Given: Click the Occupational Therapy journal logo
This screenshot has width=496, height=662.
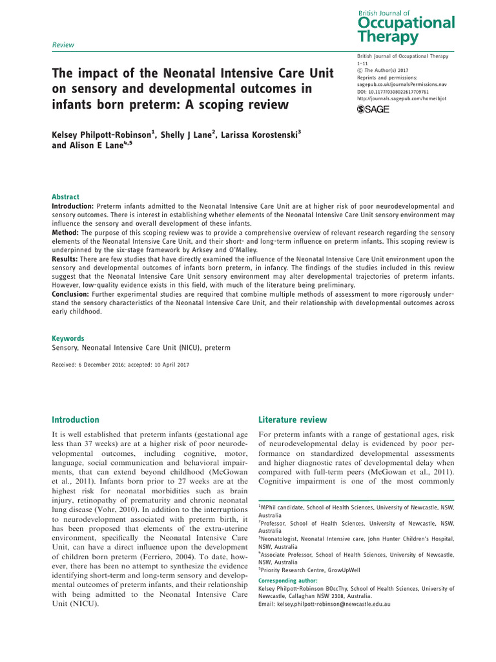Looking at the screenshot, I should (x=406, y=27).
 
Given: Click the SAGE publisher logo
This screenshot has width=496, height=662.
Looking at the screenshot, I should (x=373, y=109).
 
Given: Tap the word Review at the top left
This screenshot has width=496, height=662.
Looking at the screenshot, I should (x=63, y=45).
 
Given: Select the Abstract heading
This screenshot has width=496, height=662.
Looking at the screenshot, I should (x=66, y=197).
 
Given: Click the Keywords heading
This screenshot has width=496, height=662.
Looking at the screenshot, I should (x=68, y=338).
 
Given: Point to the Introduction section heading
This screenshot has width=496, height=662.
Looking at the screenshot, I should (x=76, y=420).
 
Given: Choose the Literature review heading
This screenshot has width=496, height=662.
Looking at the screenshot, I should (x=293, y=420).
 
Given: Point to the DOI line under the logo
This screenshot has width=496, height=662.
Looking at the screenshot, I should (x=392, y=92).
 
